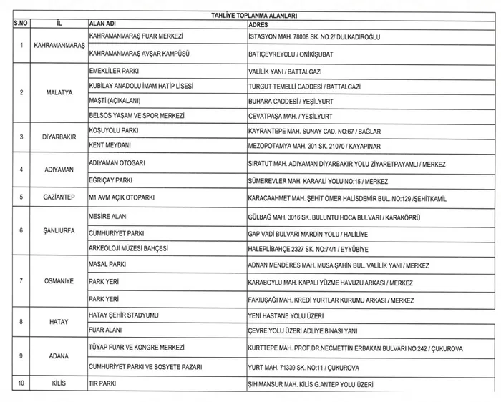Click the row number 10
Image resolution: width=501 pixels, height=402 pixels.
[x=21, y=383]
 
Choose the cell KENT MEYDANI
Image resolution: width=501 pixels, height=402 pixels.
[x=108, y=145]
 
